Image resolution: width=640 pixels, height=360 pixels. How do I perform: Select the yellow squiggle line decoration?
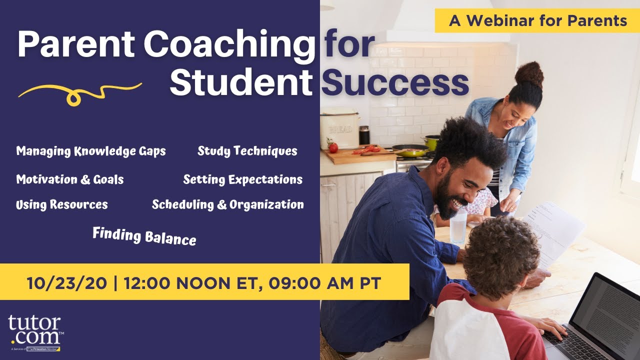[x=80, y=93]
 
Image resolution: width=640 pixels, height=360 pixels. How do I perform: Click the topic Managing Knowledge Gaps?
[x=91, y=151]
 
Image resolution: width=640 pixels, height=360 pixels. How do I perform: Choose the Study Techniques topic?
[x=247, y=151]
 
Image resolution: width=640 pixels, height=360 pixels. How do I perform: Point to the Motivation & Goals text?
[x=70, y=179]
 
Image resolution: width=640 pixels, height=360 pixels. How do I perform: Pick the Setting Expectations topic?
[x=243, y=179]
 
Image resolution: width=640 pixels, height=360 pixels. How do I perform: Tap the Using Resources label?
[x=62, y=204]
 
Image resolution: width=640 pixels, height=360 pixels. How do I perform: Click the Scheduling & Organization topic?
[x=228, y=204]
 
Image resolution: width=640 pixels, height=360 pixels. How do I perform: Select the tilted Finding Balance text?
[x=144, y=235]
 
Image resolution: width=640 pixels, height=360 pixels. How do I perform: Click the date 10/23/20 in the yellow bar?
[x=67, y=283]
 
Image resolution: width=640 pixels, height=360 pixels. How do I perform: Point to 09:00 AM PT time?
[x=325, y=283]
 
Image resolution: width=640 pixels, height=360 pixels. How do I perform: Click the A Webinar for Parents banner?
[x=537, y=20]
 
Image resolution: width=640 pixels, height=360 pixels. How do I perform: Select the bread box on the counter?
[x=340, y=129]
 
